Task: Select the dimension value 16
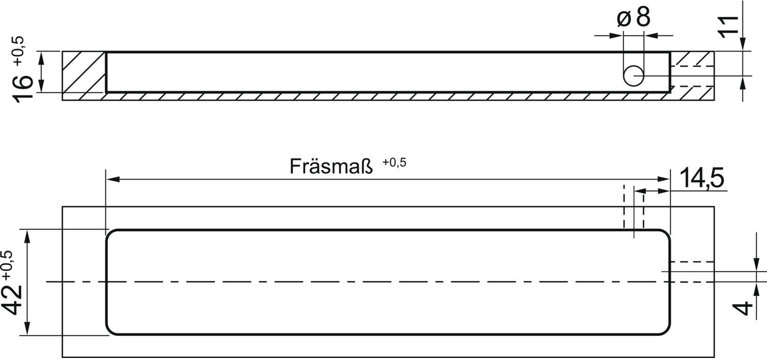[x=22, y=87]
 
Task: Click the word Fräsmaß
[x=331, y=167]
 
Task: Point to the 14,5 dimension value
[x=702, y=178]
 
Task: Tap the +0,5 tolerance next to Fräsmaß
[x=394, y=162]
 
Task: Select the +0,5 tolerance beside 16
[x=19, y=51]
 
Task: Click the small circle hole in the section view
[x=634, y=76]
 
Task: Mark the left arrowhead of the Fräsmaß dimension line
[x=112, y=179]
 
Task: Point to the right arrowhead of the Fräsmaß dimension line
[x=663, y=179]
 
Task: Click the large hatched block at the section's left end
[x=83, y=72]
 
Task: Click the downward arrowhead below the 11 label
[x=742, y=44]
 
